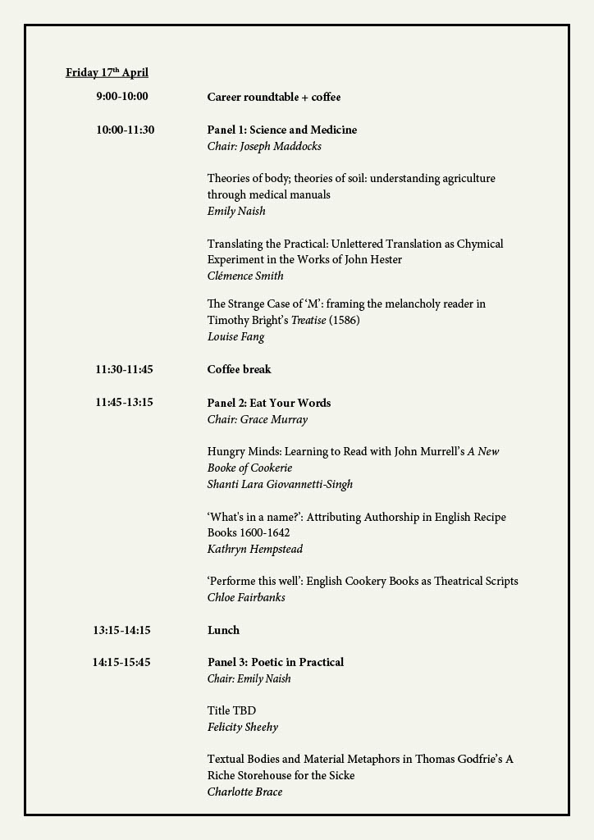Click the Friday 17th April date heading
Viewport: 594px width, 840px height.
point(107,73)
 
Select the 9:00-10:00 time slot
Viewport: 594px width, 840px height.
point(122,97)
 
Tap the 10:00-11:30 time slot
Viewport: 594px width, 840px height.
point(125,130)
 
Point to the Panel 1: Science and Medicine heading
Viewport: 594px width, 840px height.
point(281,130)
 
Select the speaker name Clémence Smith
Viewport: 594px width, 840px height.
point(245,276)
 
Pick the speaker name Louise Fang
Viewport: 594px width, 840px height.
point(235,336)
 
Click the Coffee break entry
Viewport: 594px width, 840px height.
point(239,369)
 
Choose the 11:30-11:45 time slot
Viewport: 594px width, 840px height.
point(124,369)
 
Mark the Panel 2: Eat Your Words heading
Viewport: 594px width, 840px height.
point(269,403)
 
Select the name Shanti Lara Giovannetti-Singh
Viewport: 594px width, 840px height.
point(280,484)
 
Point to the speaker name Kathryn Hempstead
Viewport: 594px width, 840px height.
point(255,549)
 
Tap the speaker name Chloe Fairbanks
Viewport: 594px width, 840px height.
point(246,597)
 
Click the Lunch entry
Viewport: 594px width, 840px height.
point(223,630)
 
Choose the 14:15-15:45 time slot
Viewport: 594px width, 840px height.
point(121,662)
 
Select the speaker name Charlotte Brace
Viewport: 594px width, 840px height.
point(244,792)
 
